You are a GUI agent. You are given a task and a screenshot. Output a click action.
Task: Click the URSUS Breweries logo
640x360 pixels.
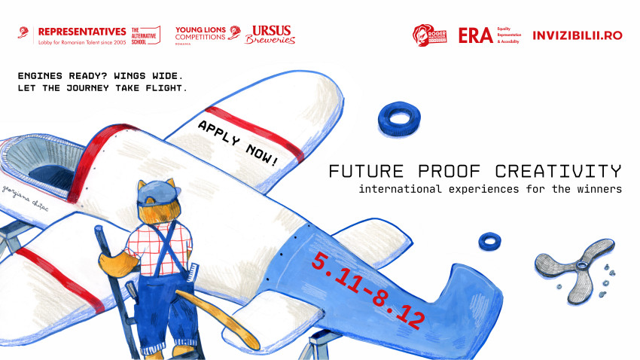coord(270,35)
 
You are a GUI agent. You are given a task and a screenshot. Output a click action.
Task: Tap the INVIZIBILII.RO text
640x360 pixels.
coord(578,35)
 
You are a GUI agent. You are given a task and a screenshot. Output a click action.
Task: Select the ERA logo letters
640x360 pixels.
coord(475,35)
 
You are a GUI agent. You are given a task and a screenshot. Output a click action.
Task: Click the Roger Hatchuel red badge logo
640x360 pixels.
coord(429,35)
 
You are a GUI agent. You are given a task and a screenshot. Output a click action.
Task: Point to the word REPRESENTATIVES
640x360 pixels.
coord(81,31)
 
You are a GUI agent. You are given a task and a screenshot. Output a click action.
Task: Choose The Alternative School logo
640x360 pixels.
coord(145,35)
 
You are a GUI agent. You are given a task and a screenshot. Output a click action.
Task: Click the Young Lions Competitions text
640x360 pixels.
coord(200,34)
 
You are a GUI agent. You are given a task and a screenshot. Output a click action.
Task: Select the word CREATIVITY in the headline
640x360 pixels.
coord(559,170)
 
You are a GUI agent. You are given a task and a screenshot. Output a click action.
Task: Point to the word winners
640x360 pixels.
coord(595,189)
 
